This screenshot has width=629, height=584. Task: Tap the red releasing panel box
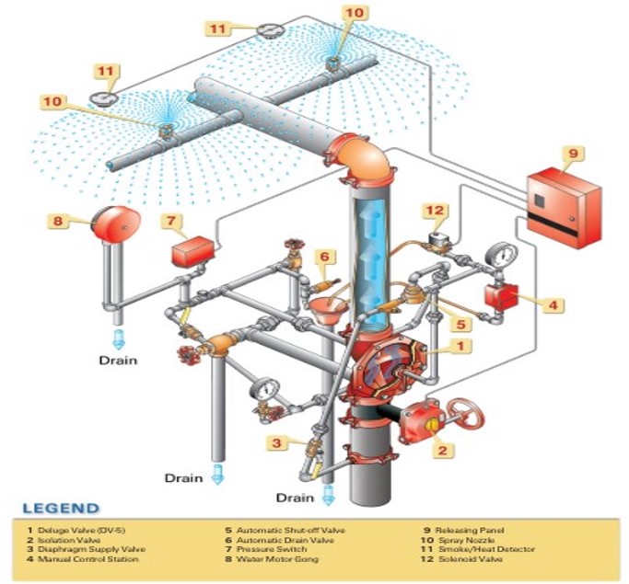click(565, 207)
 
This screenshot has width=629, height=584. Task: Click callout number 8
click(60, 220)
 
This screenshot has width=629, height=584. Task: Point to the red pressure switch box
click(192, 251)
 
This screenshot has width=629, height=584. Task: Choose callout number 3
click(274, 443)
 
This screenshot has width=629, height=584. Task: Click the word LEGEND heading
click(62, 508)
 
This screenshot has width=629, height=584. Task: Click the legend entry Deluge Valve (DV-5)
click(74, 531)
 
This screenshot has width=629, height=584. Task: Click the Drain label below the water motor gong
click(118, 360)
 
